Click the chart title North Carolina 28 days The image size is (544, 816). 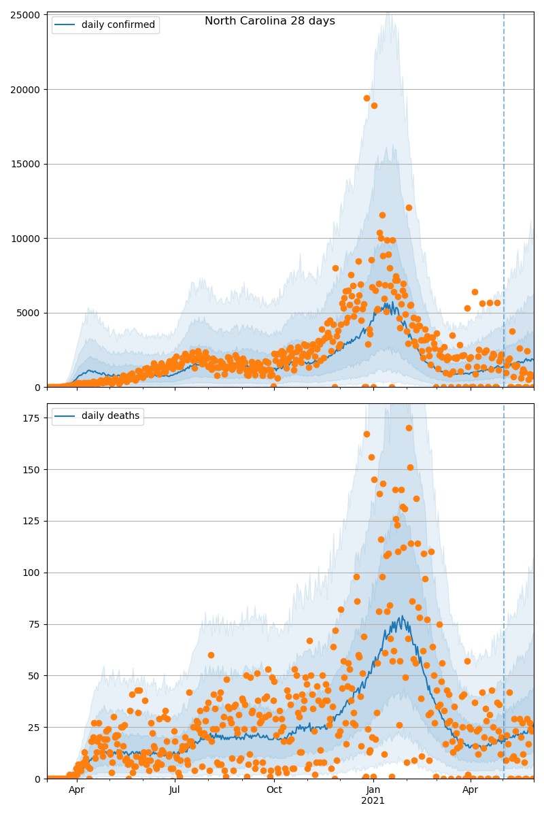tap(270, 21)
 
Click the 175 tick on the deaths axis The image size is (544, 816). tap(31, 418)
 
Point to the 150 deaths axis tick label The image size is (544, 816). tap(31, 469)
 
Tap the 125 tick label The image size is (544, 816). tap(31, 521)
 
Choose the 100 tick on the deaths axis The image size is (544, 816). tap(31, 573)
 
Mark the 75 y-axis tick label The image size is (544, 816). tap(34, 624)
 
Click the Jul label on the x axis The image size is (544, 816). tap(175, 790)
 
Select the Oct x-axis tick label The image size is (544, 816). tap(274, 790)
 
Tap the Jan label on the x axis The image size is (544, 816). tap(373, 790)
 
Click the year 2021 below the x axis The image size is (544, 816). tap(373, 801)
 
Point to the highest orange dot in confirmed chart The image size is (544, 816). tap(367, 98)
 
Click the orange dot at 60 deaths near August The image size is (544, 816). tap(211, 655)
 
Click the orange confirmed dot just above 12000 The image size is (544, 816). tap(409, 207)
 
